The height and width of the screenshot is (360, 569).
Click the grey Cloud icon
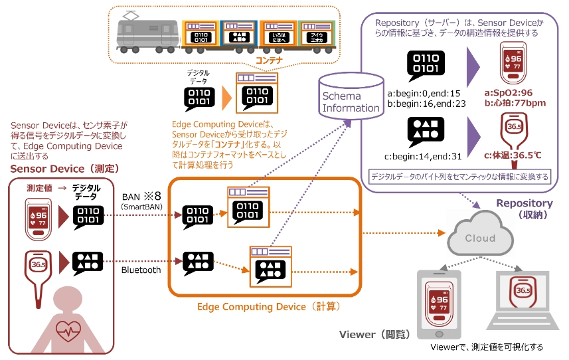(x=479, y=237)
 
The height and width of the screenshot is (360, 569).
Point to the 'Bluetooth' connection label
(x=141, y=270)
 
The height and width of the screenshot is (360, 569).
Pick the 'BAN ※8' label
(x=142, y=196)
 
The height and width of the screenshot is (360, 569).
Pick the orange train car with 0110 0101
(x=201, y=34)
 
